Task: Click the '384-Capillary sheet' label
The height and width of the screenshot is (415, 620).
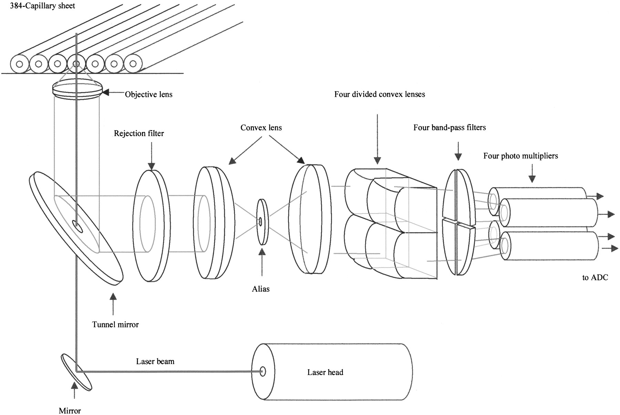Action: (x=43, y=6)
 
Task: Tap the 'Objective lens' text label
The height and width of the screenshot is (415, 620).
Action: (x=148, y=94)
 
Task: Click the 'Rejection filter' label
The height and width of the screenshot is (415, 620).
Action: (x=139, y=133)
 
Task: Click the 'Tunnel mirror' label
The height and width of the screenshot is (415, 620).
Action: (x=115, y=324)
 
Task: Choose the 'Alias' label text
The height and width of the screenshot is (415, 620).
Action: (x=261, y=289)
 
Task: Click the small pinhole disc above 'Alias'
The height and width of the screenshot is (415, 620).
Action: (x=262, y=222)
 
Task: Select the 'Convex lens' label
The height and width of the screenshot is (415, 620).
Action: (x=261, y=128)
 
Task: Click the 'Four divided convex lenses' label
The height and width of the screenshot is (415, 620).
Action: (x=380, y=94)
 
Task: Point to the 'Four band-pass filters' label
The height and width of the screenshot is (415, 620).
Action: (x=449, y=128)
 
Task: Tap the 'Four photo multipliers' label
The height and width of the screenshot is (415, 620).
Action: (x=520, y=156)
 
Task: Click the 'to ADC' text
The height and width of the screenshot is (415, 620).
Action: (x=595, y=277)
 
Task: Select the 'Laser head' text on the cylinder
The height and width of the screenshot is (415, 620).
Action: (x=325, y=372)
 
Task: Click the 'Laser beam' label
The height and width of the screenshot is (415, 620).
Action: (x=155, y=361)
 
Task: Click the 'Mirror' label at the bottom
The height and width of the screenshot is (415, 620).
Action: (x=70, y=411)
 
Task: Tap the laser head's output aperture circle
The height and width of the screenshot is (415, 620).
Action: (x=263, y=371)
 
